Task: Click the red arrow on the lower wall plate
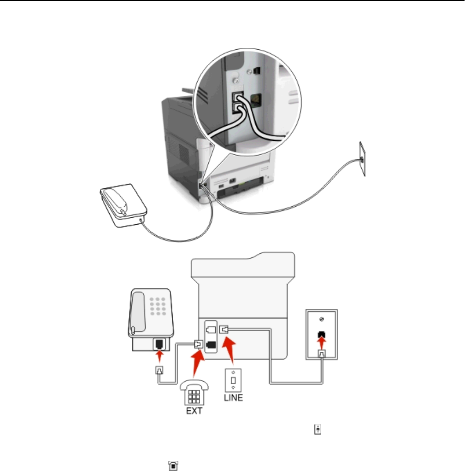tap(322, 343)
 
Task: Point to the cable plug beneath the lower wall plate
tap(322, 355)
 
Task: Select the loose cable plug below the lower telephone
tap(159, 370)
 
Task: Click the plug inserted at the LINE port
tap(224, 329)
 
